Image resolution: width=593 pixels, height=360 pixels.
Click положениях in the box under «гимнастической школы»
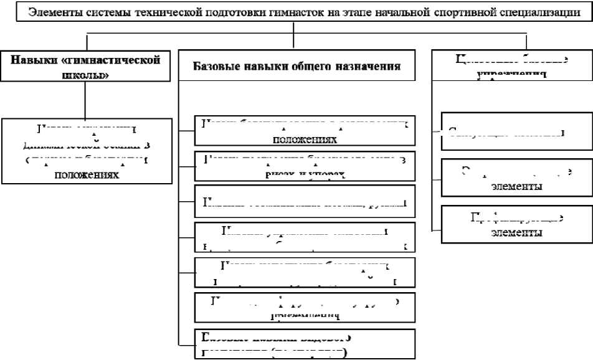tap(86, 175)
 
